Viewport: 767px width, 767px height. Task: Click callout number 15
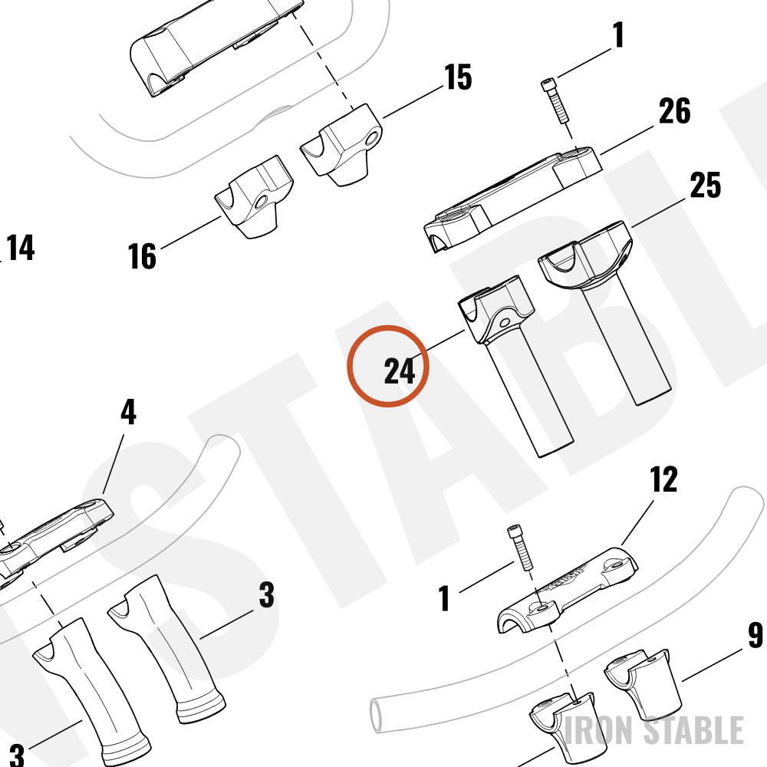[x=458, y=77]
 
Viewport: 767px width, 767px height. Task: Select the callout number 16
[x=142, y=256]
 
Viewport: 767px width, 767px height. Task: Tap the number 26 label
[x=674, y=111]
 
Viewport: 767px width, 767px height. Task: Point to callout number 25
[x=706, y=185]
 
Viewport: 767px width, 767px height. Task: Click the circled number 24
[x=400, y=370]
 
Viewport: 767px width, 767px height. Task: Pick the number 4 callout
[x=128, y=413]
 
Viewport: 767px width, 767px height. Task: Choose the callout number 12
[x=663, y=479]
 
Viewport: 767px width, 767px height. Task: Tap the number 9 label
[x=755, y=635]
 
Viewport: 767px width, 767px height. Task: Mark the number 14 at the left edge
[x=21, y=248]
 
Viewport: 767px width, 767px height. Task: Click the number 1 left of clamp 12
[x=444, y=598]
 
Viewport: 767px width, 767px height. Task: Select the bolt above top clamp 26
[x=555, y=100]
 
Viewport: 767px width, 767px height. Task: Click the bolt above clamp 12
[x=520, y=548]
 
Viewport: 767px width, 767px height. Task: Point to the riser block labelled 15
[x=342, y=145]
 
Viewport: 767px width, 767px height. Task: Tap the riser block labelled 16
[x=255, y=197]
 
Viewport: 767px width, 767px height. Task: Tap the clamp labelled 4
[x=54, y=538]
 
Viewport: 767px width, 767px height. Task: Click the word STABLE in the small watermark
[x=693, y=730]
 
